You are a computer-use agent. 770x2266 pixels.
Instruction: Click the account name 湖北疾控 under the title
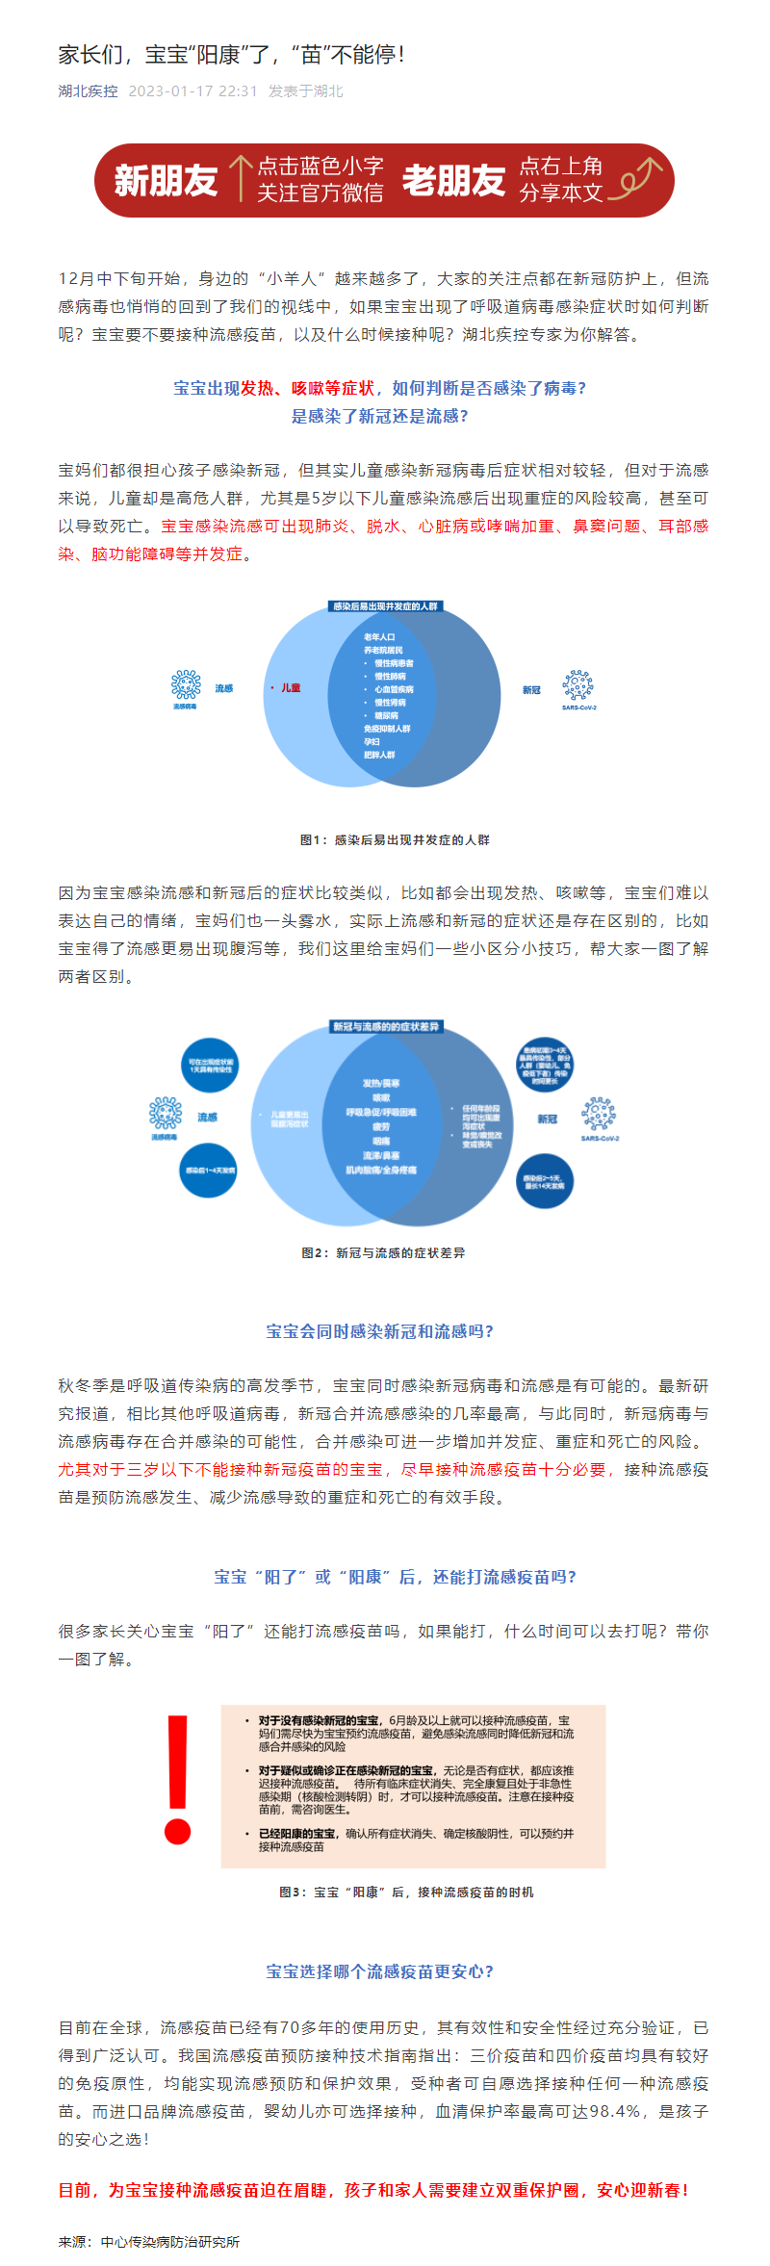[88, 91]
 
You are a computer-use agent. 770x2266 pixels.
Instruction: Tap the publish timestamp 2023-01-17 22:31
[192, 91]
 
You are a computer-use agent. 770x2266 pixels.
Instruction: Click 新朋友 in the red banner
[166, 180]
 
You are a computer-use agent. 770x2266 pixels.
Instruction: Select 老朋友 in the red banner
[453, 180]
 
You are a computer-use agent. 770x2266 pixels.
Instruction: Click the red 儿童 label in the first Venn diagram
[291, 688]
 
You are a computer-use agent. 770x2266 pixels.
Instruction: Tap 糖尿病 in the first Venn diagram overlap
[386, 715]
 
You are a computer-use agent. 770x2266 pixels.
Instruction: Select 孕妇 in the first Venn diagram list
[372, 742]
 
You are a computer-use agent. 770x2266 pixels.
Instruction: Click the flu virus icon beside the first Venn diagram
[186, 684]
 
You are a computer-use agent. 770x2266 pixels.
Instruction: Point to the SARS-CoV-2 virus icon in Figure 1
[577, 685]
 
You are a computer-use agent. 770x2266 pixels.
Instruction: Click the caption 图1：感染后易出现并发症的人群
[395, 840]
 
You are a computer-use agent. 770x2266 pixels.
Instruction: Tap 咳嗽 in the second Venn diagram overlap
[381, 1097]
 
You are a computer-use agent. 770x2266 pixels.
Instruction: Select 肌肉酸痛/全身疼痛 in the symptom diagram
[381, 1170]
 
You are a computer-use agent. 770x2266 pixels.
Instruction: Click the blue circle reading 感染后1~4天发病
[209, 1171]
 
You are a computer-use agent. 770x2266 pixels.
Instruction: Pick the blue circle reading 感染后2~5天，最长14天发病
[544, 1181]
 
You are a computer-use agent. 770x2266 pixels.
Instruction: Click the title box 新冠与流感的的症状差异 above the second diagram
[385, 1027]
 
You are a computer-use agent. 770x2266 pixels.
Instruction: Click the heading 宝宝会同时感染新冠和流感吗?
[380, 1331]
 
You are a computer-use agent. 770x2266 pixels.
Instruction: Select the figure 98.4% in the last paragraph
[614, 2111]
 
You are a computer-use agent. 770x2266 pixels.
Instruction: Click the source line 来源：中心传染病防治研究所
[149, 2242]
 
